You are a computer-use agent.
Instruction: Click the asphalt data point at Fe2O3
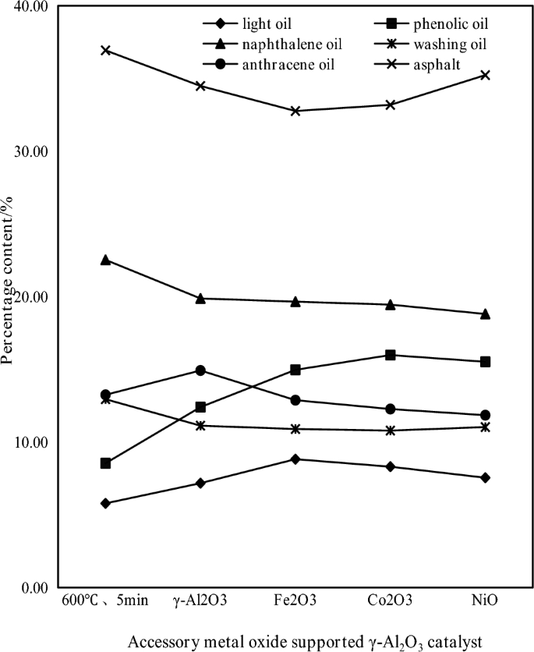click(295, 111)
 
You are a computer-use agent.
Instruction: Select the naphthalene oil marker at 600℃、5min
click(106, 260)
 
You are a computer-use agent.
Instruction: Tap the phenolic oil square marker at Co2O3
click(391, 355)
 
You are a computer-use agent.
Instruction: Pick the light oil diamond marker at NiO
click(485, 477)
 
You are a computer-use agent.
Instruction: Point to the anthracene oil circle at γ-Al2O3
click(200, 370)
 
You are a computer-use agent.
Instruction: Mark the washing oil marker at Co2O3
click(391, 431)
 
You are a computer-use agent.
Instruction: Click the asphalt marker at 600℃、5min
click(106, 50)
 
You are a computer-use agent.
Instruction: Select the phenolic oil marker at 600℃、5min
click(106, 463)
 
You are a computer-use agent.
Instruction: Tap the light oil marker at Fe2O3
click(295, 459)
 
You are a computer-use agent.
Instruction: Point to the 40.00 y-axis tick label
click(31, 6)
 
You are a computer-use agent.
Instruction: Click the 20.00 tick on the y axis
click(31, 297)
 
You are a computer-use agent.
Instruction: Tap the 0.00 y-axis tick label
click(34, 587)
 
